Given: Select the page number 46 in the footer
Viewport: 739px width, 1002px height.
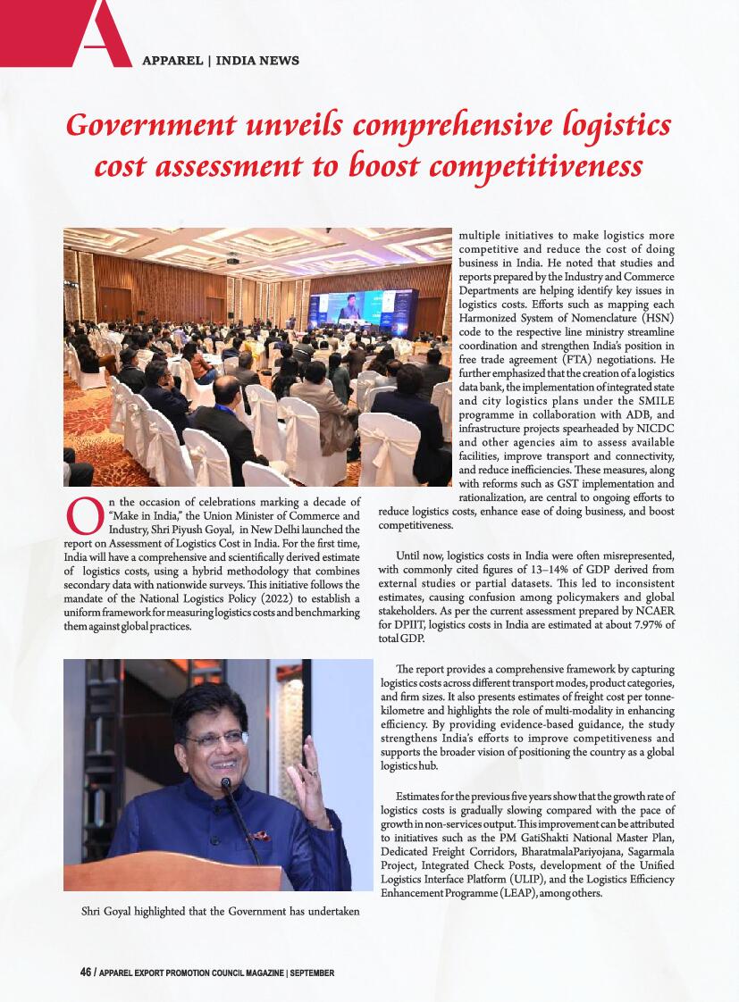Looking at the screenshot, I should coord(86,973).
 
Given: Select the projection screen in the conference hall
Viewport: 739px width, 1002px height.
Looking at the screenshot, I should coord(363,308).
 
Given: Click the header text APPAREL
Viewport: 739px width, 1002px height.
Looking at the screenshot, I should coord(172,61).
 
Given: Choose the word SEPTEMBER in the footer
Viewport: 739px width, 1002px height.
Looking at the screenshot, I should coord(312,973).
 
